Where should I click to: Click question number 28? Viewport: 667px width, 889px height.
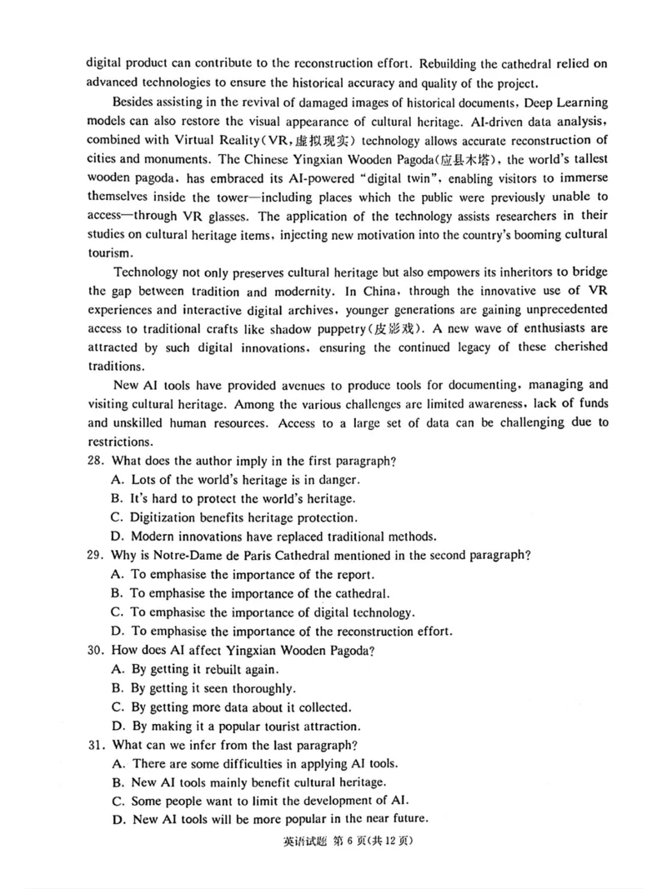tap(97, 461)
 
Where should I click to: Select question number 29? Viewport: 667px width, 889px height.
tap(97, 555)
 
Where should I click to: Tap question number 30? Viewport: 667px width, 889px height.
tap(97, 650)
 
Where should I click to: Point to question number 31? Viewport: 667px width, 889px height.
tap(97, 744)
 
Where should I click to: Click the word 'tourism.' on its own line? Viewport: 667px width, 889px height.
tap(108, 252)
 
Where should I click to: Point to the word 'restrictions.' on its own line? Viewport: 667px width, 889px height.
tap(121, 442)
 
